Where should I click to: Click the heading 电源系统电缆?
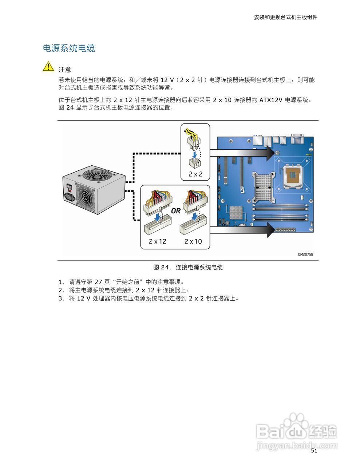69,48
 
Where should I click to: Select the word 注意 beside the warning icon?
65,70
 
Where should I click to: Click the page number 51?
314,451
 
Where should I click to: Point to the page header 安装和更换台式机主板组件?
285,17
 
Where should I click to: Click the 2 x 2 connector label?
195,174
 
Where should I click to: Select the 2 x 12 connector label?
157,241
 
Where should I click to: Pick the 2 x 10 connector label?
193,241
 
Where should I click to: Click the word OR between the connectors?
176,211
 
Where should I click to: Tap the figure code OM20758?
305,254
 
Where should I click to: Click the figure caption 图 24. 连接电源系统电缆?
188,267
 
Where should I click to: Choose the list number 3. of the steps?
61,299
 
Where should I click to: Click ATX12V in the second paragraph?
271,100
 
